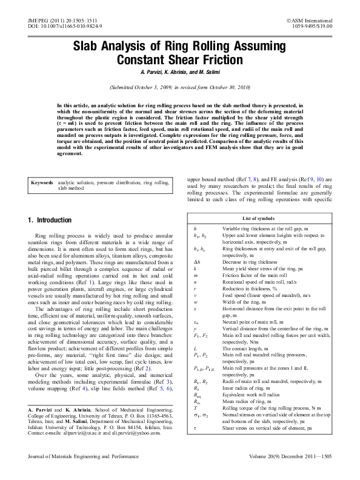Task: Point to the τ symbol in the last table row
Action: [x=195, y=444]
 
